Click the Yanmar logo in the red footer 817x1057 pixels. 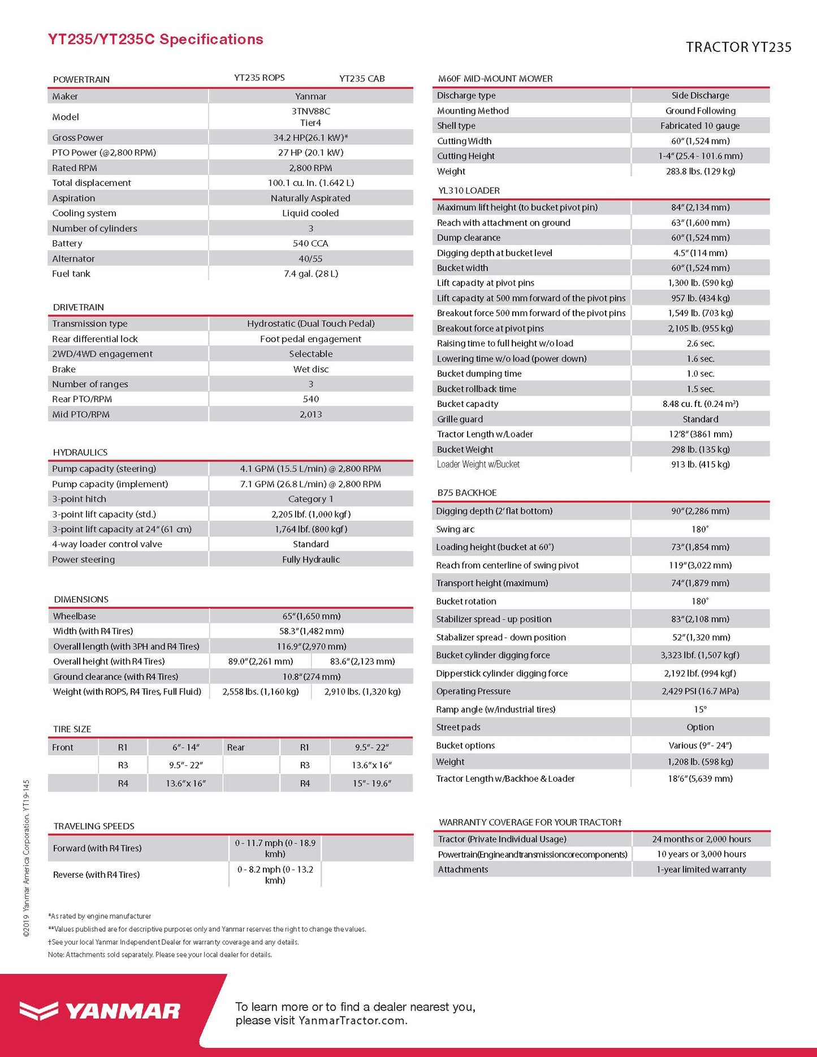coord(100,1011)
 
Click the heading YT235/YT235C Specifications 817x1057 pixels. coord(155,40)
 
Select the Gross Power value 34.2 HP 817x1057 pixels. coord(310,137)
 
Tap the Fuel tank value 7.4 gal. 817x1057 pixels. coord(310,274)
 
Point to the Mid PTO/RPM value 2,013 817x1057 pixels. coord(310,414)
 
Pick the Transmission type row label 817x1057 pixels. coord(90,324)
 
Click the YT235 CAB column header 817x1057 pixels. coord(362,79)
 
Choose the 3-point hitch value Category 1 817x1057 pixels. coord(310,499)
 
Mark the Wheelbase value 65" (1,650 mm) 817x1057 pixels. coord(311,616)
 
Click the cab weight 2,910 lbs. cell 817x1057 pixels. coord(362,691)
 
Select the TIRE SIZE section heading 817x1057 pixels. coord(72,729)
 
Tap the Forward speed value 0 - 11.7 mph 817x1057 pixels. coord(275,848)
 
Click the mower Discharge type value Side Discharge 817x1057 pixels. coord(700,96)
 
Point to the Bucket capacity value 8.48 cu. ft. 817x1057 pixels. coord(700,404)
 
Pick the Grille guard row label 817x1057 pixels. coord(460,419)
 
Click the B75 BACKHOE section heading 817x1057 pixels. coord(466,493)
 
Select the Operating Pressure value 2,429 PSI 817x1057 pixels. coord(700,691)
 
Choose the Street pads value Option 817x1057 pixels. coord(700,727)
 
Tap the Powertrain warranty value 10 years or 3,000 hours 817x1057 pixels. coord(701,854)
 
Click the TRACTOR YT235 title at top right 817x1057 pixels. coord(738,47)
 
